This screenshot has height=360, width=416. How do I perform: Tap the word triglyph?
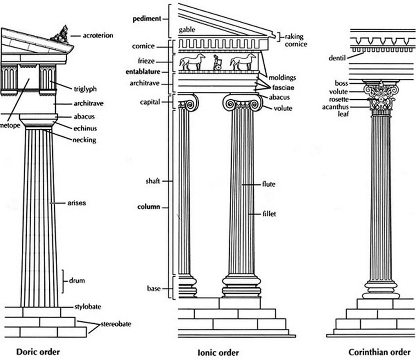click(x=85, y=89)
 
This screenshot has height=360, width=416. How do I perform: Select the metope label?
click(x=10, y=125)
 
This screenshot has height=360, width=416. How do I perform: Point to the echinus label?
click(x=85, y=128)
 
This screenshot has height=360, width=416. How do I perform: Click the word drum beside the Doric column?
click(x=77, y=280)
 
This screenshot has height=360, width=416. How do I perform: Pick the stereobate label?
click(x=116, y=324)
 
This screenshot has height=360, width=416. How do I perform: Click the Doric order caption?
click(x=38, y=352)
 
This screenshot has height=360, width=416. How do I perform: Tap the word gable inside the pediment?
click(x=187, y=30)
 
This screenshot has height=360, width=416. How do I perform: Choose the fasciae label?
click(x=283, y=87)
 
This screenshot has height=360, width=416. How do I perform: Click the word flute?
click(x=268, y=184)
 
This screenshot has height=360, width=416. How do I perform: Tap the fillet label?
click(x=269, y=214)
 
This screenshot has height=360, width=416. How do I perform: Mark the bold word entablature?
click(x=143, y=72)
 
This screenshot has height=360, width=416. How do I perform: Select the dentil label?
click(x=337, y=58)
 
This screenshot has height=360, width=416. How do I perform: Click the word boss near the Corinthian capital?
click(x=341, y=83)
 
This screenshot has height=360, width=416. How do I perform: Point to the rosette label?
click(x=339, y=100)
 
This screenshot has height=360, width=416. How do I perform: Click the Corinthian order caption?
click(x=379, y=352)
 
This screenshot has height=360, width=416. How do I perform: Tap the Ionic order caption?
click(x=218, y=352)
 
